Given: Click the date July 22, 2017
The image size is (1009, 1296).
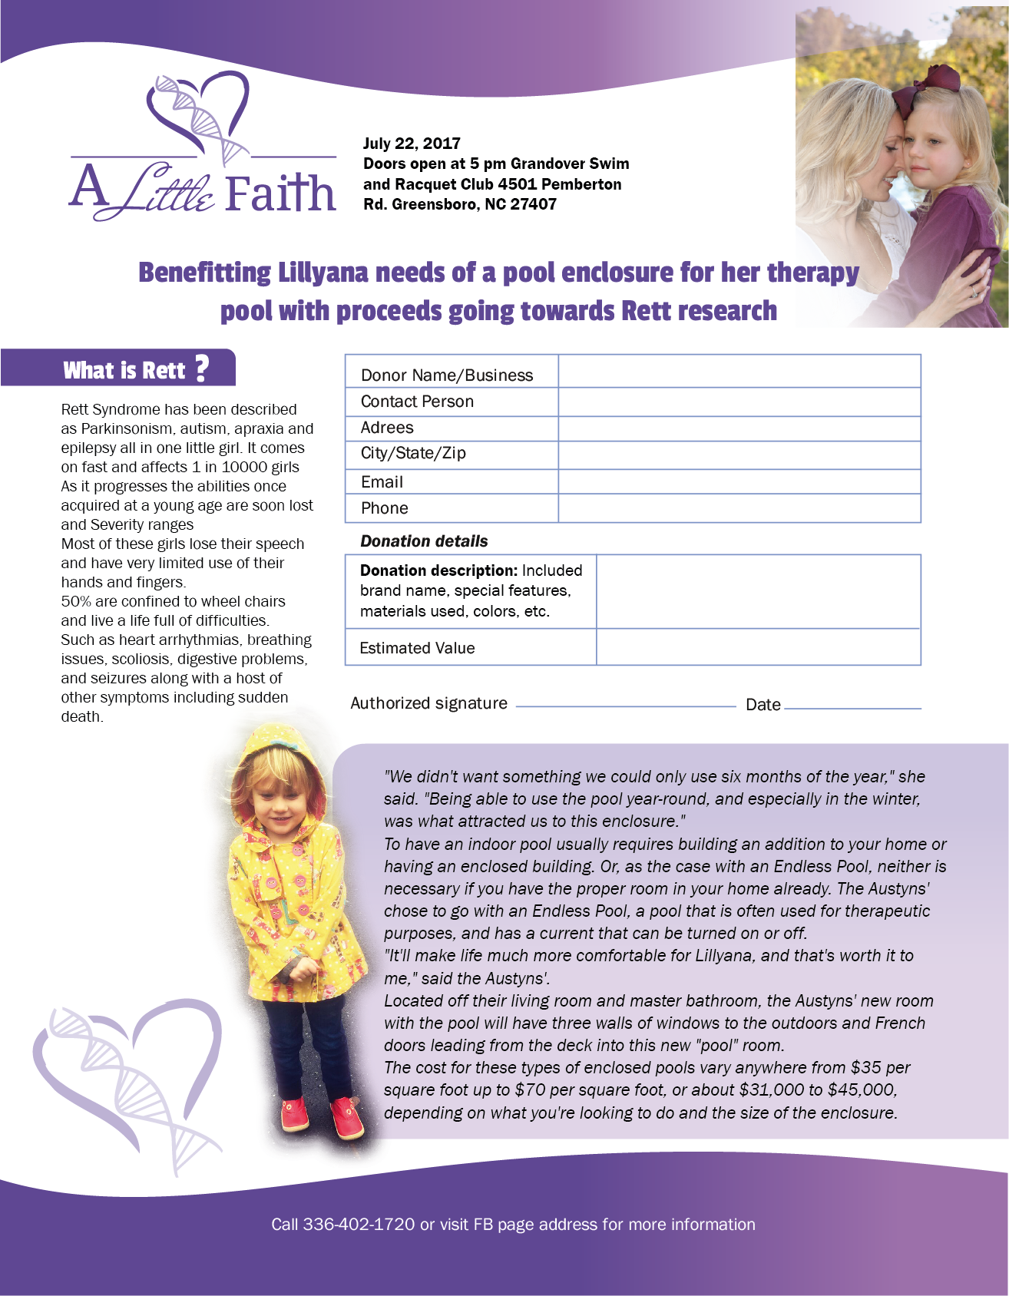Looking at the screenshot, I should click(412, 144).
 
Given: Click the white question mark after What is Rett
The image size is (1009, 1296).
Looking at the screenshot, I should click(202, 369).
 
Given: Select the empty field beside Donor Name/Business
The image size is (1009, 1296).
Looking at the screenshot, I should click(739, 372).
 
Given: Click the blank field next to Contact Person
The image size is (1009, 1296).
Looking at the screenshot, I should click(739, 402).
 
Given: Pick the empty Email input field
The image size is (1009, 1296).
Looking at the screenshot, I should click(739, 481).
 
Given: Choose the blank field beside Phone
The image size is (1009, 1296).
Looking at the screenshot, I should click(739, 508).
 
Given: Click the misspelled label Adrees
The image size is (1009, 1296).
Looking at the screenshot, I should click(387, 428).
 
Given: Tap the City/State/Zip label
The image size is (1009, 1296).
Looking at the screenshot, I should click(413, 453).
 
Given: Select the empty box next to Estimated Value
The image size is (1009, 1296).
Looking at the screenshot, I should click(758, 647).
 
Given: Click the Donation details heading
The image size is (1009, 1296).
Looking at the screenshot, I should click(424, 541).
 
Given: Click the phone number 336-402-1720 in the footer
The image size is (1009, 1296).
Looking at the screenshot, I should click(359, 1225).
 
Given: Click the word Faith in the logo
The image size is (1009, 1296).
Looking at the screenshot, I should click(280, 193).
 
